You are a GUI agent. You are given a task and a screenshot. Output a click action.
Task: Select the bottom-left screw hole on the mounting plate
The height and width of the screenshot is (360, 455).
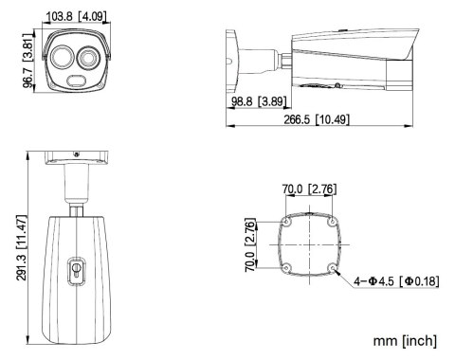pyautogui.click(x=284, y=267)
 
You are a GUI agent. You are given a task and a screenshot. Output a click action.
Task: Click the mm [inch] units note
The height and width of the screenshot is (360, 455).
pyautogui.click(x=403, y=338)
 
